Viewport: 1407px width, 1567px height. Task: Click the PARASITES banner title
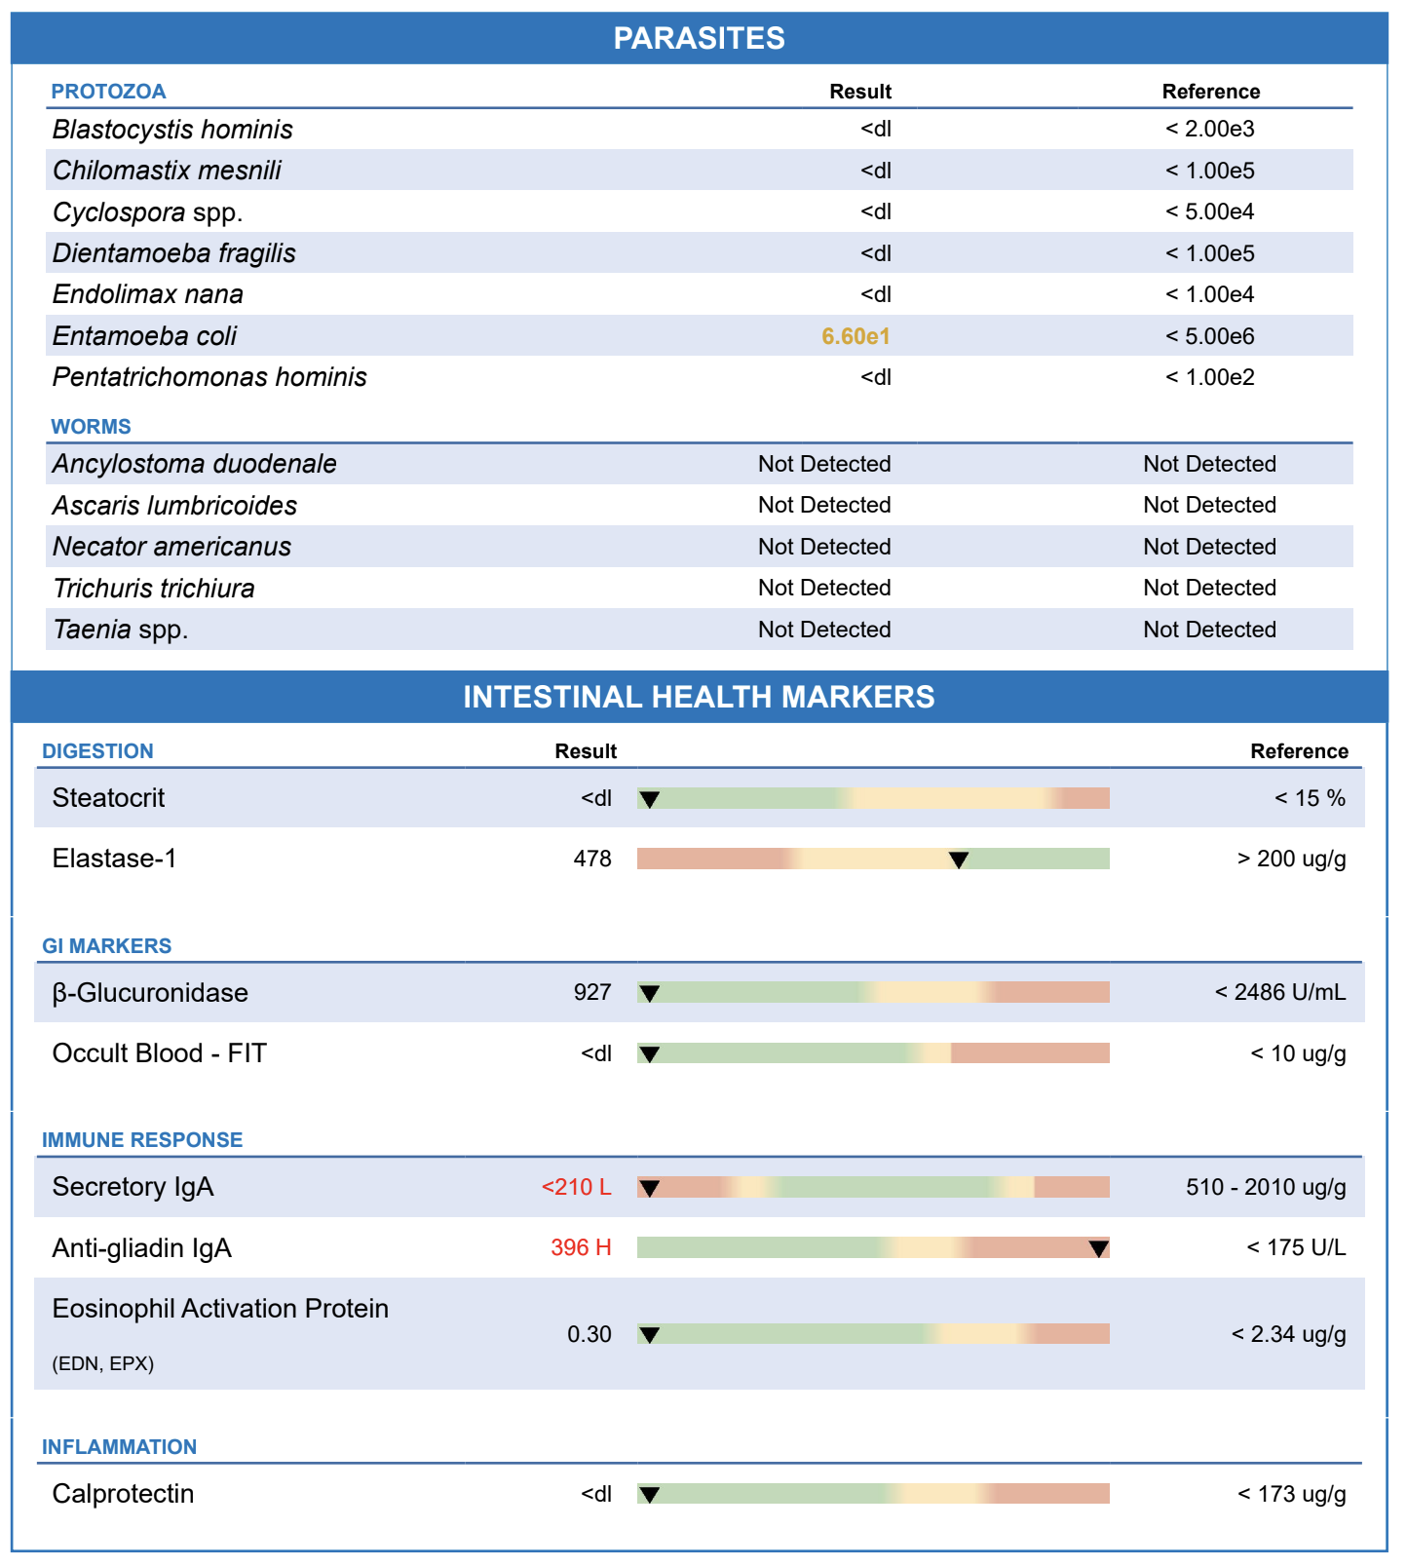pos(699,38)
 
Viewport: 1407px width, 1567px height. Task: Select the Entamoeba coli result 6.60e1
pos(856,336)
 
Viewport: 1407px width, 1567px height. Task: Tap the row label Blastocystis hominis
pos(172,130)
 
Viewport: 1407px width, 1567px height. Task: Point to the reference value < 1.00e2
pos(1210,377)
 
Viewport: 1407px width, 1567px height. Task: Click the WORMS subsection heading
pos(91,427)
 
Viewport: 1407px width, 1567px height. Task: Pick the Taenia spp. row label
pos(121,630)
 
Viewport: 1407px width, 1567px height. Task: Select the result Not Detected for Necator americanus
pos(824,547)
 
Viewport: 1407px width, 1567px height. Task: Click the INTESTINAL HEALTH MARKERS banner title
pos(699,697)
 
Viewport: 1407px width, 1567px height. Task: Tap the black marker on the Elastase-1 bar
pos(959,860)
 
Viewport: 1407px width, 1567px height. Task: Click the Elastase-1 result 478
pos(592,859)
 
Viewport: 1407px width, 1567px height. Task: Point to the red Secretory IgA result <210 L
pos(577,1187)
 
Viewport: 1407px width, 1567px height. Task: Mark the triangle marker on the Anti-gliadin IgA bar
pos(1098,1249)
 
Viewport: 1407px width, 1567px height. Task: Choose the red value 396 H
pos(581,1247)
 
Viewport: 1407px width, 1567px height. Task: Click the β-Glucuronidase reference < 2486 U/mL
pos(1280,992)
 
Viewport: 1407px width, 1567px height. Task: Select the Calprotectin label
pos(123,1494)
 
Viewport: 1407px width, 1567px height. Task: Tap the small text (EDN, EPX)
pos(103,1363)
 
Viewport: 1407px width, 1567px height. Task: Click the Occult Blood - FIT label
pos(159,1053)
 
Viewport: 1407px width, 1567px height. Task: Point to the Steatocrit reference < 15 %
pos(1311,798)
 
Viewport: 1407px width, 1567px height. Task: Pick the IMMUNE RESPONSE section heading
pos(142,1140)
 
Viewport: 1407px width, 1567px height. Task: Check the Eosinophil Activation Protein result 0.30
pos(589,1334)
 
